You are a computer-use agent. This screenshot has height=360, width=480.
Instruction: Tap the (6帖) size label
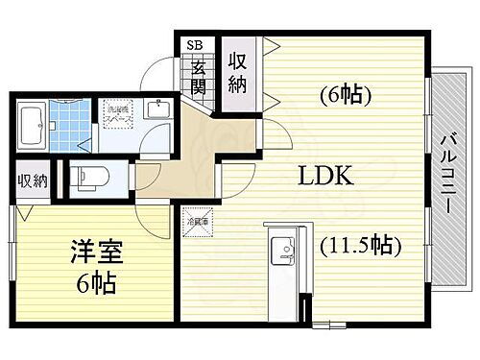coord(343,96)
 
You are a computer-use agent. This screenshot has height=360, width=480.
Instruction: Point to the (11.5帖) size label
coord(357,247)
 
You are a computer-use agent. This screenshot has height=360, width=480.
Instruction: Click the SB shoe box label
coord(195,44)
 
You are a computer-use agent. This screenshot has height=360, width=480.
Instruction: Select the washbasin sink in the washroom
coord(158,109)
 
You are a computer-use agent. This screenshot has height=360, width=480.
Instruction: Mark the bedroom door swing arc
coord(154,219)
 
